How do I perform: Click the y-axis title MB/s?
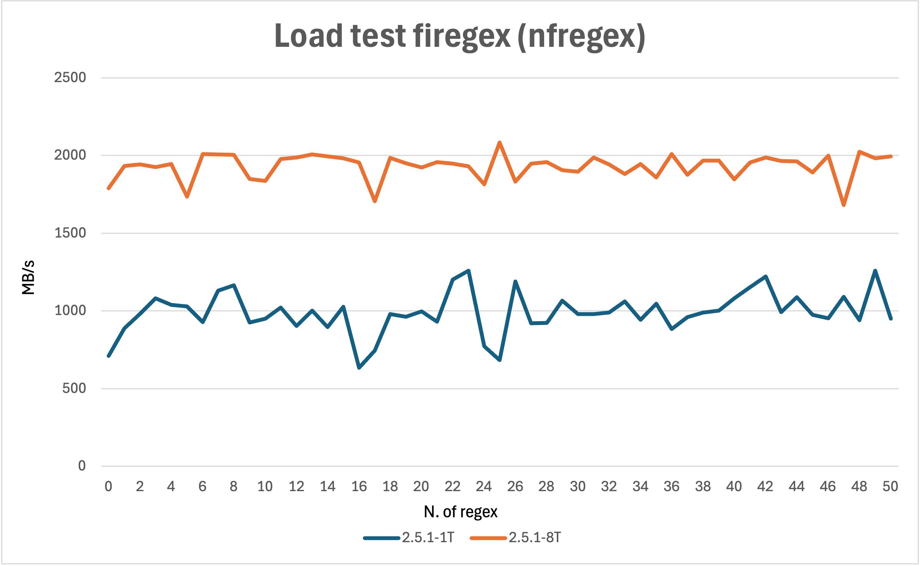(28, 277)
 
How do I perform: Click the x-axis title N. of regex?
(460, 512)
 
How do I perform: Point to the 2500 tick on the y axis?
(70, 78)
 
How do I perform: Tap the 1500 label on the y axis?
(70, 233)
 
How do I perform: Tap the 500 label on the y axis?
(74, 388)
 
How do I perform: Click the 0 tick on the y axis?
(82, 466)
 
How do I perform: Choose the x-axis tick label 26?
(515, 487)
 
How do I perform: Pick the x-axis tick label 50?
(890, 487)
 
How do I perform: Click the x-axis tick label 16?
(359, 487)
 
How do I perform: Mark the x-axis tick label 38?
(703, 487)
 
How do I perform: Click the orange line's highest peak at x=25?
(500, 143)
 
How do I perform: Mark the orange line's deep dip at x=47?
(844, 205)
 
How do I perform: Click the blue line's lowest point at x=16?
(359, 368)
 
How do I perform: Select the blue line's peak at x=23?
(468, 271)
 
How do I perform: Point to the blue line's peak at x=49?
(875, 271)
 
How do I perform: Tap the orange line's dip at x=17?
(375, 201)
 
